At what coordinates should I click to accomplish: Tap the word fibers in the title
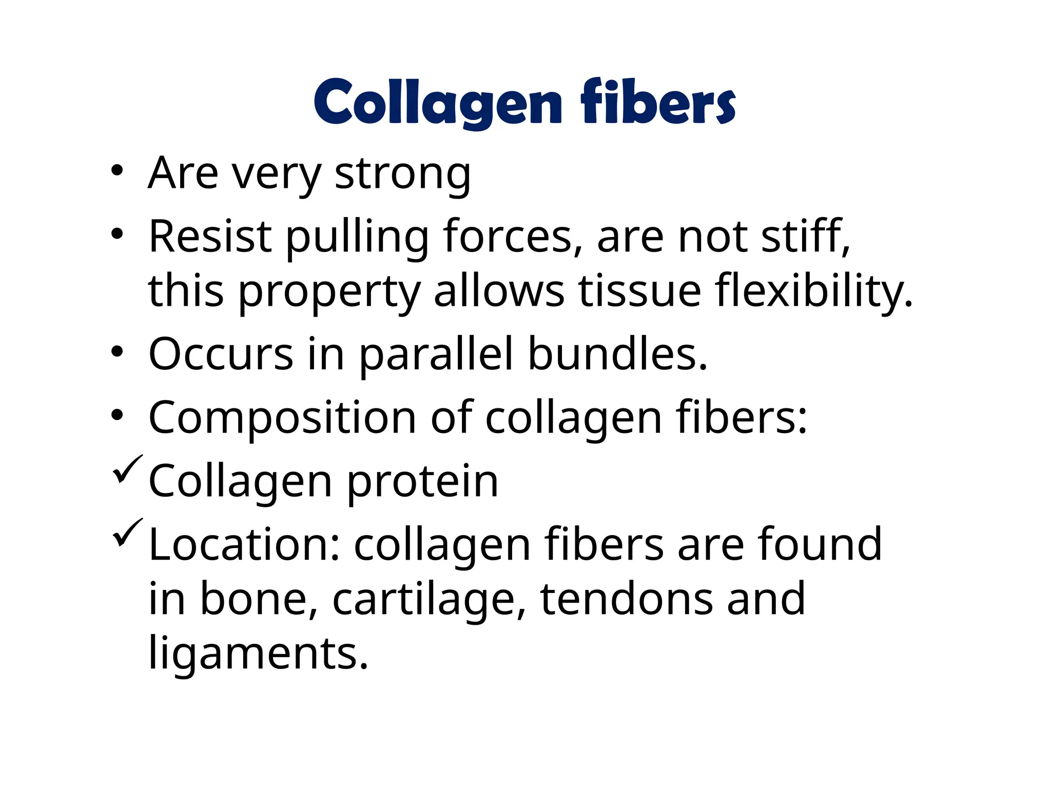point(658,103)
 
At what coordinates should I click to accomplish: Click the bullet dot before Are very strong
point(117,171)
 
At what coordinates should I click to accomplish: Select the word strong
point(402,174)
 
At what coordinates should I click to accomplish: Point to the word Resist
point(210,237)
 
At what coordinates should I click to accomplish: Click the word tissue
point(639,291)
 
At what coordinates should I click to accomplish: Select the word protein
point(422,482)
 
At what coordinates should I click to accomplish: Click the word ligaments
point(258,654)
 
